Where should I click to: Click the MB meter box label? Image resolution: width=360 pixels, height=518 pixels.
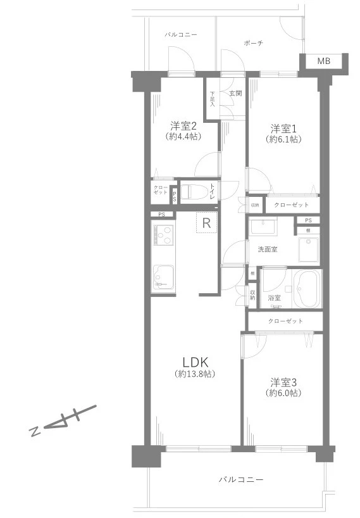[323, 61]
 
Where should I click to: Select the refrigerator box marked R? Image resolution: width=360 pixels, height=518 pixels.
[207, 222]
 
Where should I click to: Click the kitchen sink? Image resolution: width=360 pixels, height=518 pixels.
[163, 277]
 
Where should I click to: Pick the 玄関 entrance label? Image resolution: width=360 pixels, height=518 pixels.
[235, 94]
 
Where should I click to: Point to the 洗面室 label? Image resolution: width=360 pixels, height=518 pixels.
[267, 249]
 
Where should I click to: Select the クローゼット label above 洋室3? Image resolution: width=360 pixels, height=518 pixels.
[285, 321]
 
